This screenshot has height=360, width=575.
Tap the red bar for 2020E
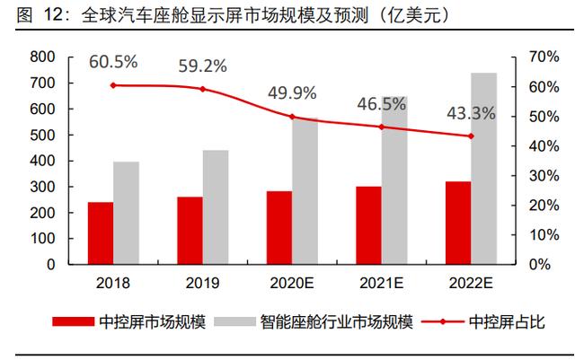pos(279,228)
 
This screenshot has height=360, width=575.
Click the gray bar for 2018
pos(126,214)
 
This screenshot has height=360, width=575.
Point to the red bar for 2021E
pos(368,225)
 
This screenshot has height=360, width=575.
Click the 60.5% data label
pos(112,63)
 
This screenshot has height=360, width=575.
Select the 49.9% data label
pos(292,94)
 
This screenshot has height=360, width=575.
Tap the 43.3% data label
pos(470,114)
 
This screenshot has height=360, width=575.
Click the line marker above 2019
pos(202,89)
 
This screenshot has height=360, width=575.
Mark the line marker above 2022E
pos(470,136)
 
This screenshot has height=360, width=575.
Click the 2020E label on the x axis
pos(292,283)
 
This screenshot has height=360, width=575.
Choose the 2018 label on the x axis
pos(113,283)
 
